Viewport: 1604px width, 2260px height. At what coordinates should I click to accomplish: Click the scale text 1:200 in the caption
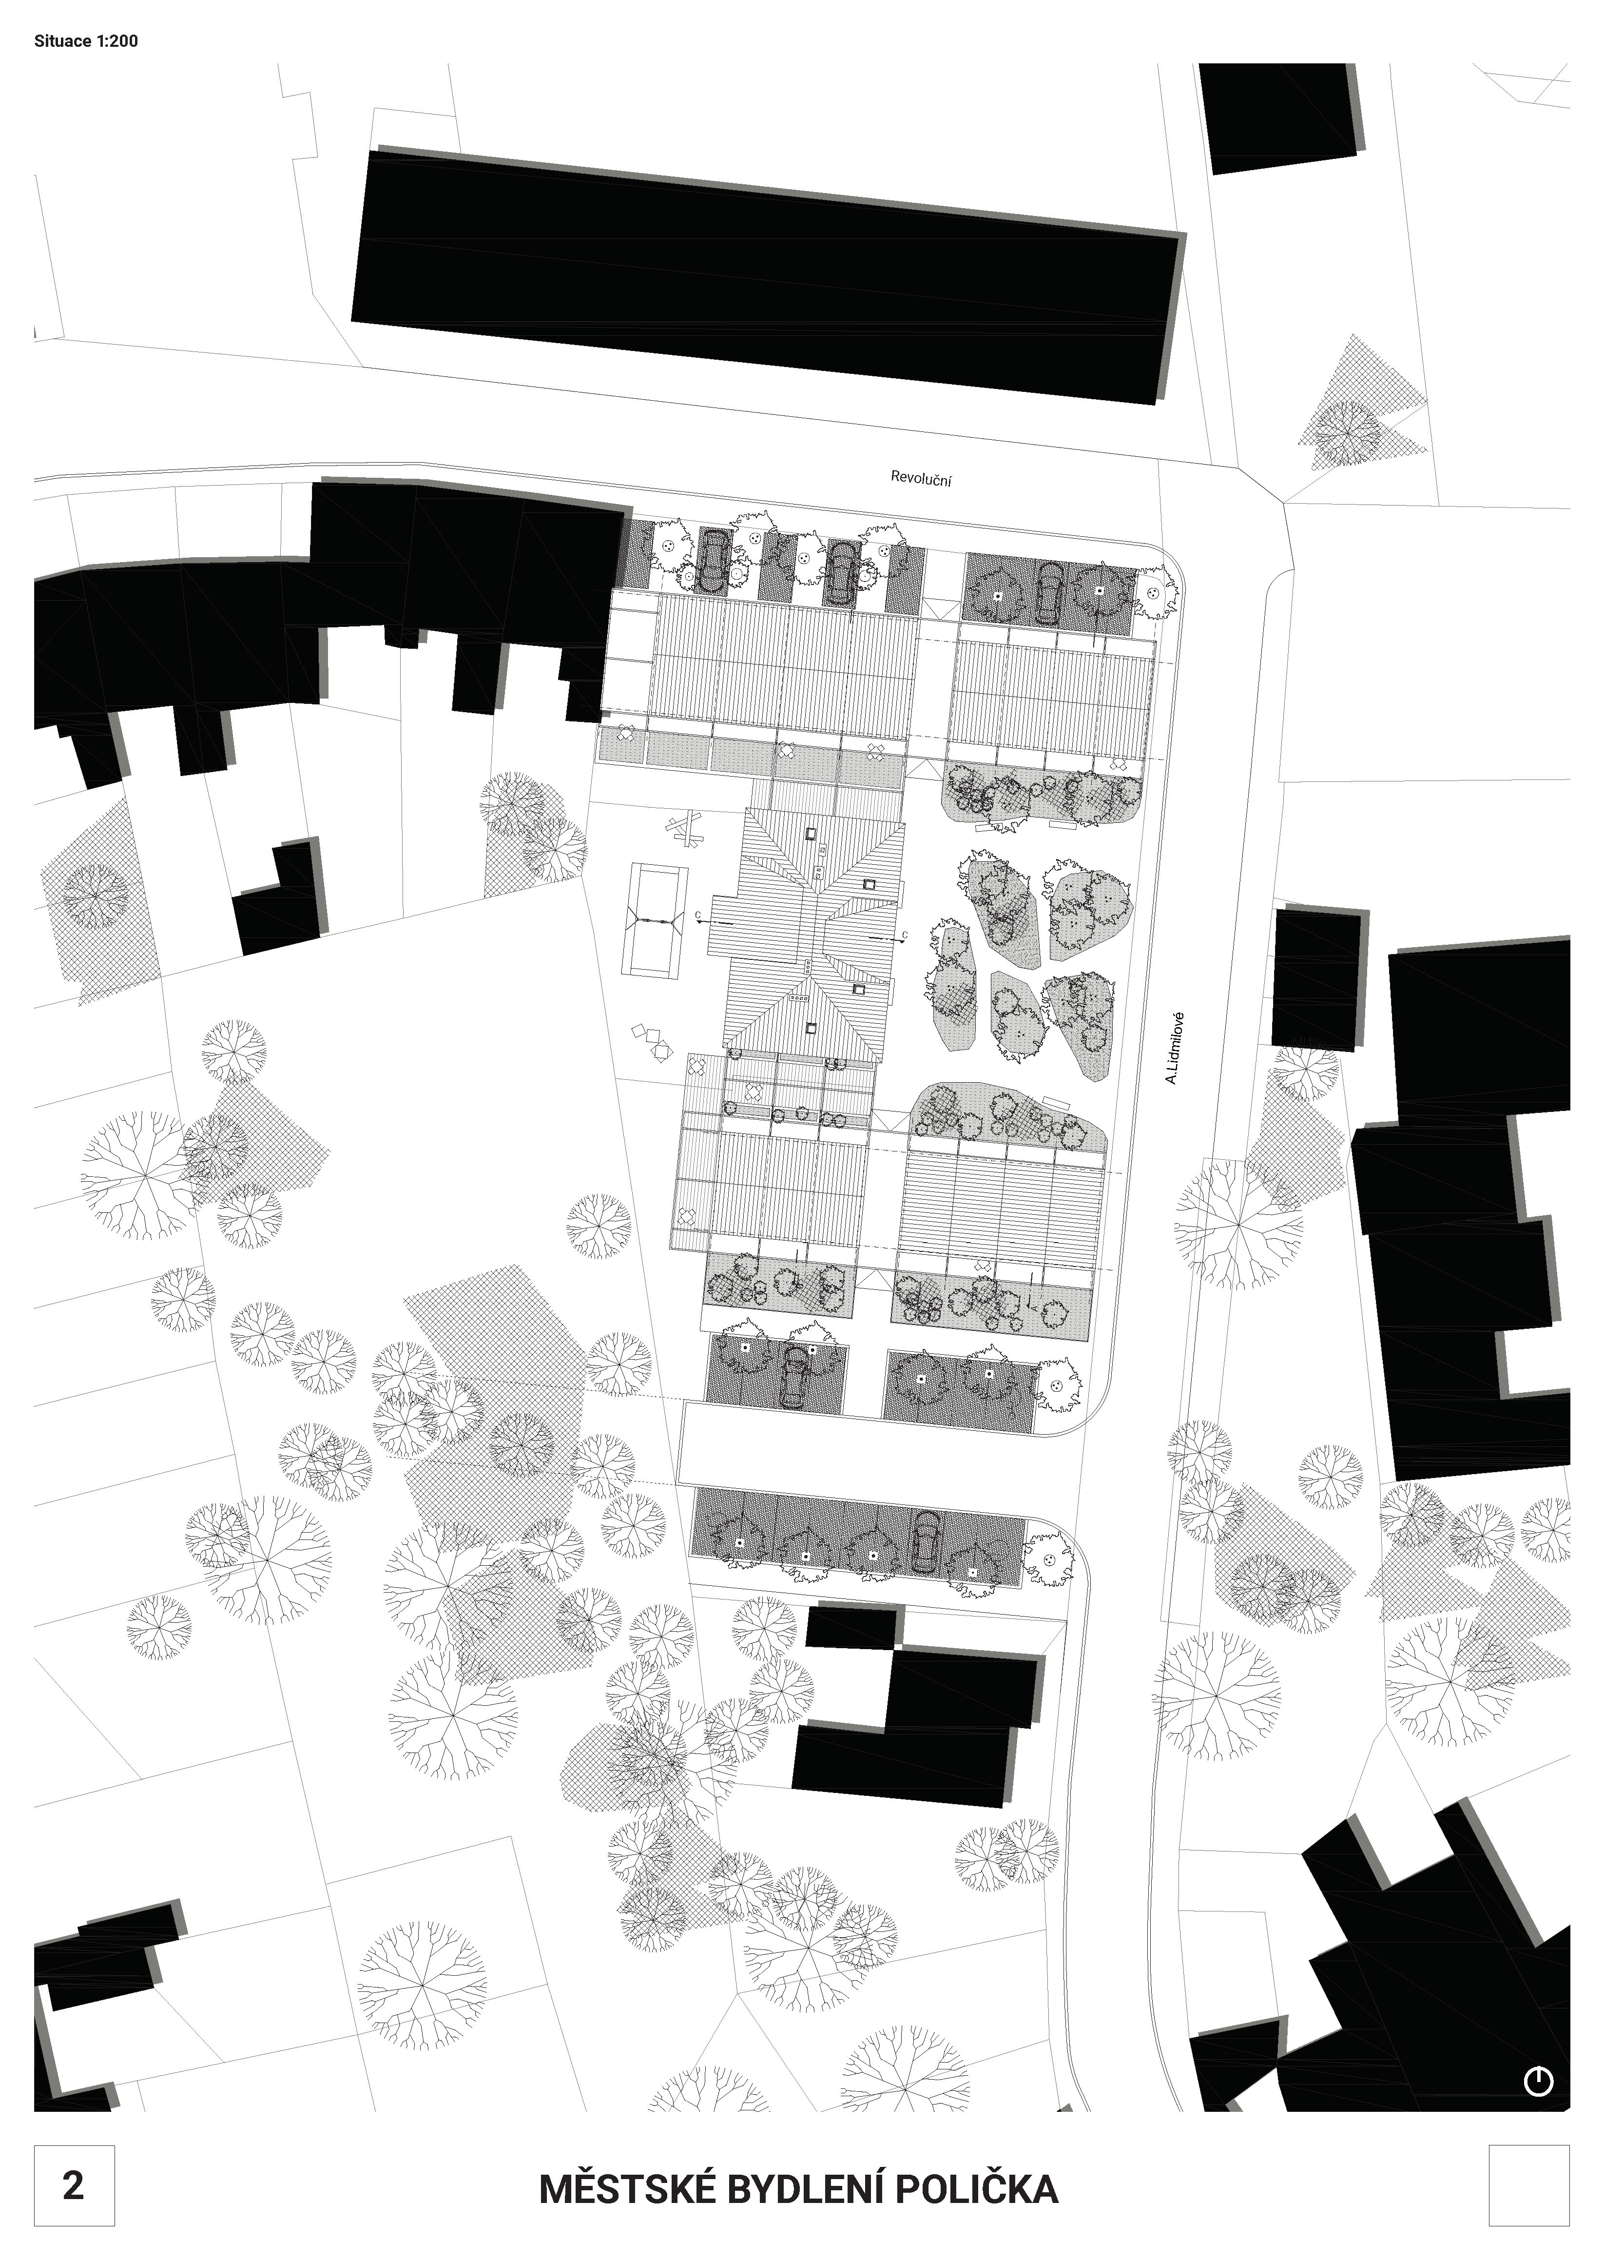(117, 41)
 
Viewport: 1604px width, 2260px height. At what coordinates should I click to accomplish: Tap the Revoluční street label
(921, 479)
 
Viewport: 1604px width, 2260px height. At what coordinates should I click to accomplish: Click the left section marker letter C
(698, 916)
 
